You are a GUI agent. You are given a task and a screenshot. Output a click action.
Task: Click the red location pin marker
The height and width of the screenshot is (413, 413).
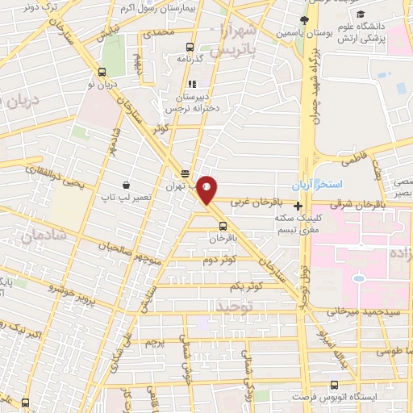point(206,190)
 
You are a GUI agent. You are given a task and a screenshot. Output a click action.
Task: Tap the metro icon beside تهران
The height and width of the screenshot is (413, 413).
point(186,173)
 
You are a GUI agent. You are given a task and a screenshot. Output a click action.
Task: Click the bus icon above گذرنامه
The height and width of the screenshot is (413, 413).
point(189,47)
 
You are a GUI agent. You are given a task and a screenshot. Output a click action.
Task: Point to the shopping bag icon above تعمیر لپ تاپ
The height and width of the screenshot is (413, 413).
point(127,185)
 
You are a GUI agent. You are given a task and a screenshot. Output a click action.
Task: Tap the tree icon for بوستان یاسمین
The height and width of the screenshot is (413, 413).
point(304,20)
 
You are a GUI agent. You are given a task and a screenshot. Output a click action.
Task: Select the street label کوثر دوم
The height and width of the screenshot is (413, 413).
point(219,260)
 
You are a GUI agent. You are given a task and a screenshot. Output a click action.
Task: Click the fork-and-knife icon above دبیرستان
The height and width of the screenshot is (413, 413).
point(191,83)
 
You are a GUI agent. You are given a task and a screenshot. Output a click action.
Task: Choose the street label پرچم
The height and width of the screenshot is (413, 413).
point(154,342)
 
